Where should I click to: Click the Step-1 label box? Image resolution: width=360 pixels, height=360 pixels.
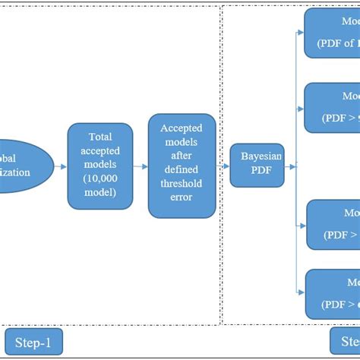pos(33,343)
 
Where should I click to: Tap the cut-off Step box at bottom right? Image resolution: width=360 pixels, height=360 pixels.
pos(344,341)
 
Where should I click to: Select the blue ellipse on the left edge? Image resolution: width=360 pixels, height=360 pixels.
pos(23,166)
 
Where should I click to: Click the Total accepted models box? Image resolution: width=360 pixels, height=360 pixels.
pos(99,166)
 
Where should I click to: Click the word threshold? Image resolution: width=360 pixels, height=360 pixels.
pos(181,183)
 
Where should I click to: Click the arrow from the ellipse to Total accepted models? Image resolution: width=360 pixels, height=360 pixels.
pos(61,166)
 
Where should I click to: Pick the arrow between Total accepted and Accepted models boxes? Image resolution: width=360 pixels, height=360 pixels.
pos(140,166)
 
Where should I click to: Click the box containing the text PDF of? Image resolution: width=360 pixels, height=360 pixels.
pos(332,34)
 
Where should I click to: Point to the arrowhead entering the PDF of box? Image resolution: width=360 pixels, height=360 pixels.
pos(302,32)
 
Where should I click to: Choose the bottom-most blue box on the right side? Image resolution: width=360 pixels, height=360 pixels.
pos(332,295)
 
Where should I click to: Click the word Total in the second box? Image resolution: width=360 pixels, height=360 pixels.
pos(100,137)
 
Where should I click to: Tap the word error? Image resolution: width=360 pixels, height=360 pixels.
pos(181,197)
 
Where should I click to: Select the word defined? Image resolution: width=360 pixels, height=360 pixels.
pos(181,169)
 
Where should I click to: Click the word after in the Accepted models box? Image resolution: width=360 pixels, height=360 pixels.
pos(181,156)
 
